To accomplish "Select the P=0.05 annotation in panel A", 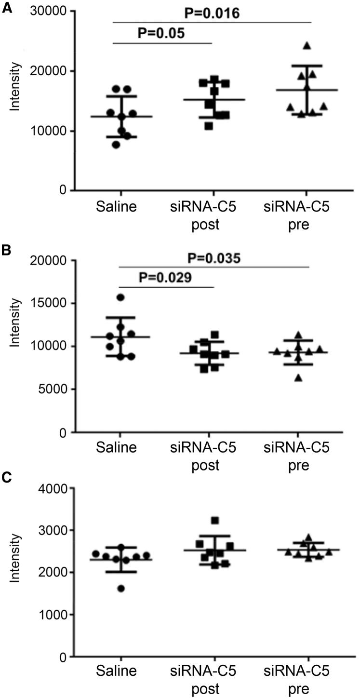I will [162, 34].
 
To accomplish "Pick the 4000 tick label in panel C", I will [52, 488].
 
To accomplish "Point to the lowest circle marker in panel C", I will [120, 588].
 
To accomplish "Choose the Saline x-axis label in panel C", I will [116, 671].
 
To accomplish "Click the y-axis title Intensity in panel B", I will [16, 316].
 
